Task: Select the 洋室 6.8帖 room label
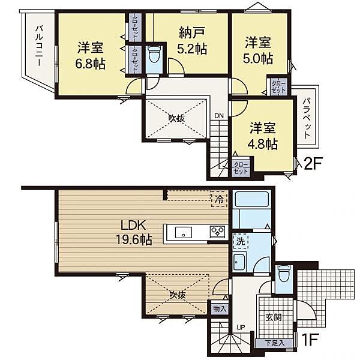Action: pos(91,55)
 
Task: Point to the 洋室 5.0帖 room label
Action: pos(258,50)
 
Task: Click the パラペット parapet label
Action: pos(306,118)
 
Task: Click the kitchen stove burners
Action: pos(216,231)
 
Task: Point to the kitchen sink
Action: pos(182,232)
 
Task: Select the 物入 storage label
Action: pos(219,309)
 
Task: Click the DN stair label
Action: pos(220,117)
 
